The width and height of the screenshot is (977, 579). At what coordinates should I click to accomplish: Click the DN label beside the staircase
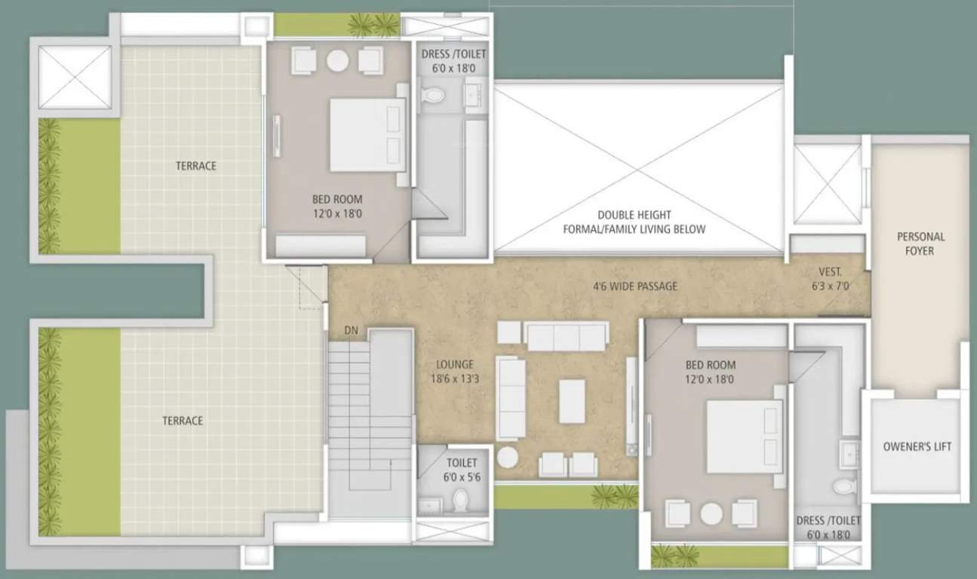[351, 330]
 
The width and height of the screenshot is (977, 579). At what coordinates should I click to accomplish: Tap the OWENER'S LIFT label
[917, 446]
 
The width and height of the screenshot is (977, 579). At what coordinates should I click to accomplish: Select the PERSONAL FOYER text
[920, 244]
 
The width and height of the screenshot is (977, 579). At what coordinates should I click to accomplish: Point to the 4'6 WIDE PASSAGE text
[634, 286]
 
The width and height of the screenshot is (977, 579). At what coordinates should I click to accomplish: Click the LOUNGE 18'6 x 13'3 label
[454, 372]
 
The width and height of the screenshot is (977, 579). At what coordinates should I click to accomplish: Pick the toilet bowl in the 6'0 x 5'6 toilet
[459, 499]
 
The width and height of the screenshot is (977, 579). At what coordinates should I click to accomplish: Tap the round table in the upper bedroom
[337, 60]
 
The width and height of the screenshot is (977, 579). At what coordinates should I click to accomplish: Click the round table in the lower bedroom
[711, 513]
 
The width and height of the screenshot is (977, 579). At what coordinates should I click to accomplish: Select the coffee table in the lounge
[572, 400]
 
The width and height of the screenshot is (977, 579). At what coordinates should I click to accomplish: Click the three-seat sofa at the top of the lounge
[567, 337]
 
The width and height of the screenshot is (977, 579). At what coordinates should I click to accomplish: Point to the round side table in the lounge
[508, 457]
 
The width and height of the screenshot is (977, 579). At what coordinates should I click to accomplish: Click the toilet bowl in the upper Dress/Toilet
[433, 96]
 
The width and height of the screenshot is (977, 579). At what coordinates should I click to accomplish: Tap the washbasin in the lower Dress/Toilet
[850, 455]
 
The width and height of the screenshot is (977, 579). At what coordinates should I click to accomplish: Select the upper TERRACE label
[196, 166]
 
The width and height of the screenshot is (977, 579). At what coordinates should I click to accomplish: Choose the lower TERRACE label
[183, 421]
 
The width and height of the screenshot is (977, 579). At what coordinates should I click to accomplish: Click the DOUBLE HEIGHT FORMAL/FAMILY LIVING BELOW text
[634, 222]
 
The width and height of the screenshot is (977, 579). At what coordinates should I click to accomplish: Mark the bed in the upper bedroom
[366, 135]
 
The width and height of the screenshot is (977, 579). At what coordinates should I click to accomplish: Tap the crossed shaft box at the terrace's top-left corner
[75, 77]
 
